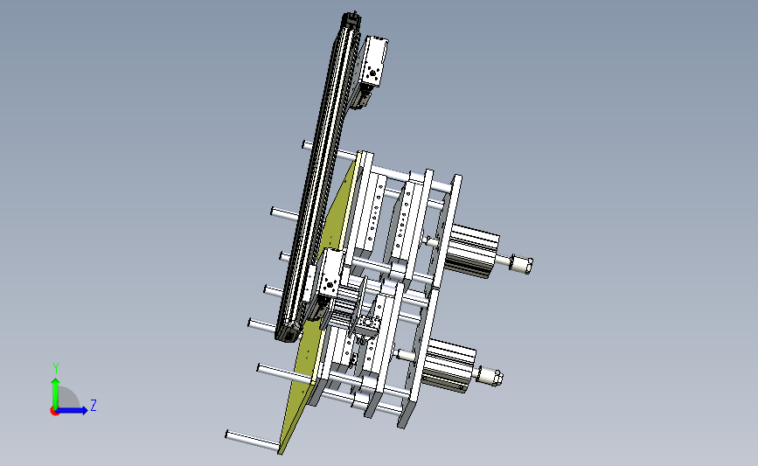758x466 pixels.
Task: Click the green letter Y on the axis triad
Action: (56, 368)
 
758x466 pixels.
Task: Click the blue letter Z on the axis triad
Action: (94, 405)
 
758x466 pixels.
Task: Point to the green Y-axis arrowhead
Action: (56, 382)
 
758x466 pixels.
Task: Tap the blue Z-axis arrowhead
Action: (84, 410)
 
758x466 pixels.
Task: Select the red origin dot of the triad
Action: (54, 411)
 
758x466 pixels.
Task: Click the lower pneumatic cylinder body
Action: (449, 365)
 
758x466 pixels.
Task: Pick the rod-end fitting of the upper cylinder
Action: (522, 264)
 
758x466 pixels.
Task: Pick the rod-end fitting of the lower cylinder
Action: (490, 376)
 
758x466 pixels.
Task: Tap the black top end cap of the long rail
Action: (351, 20)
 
